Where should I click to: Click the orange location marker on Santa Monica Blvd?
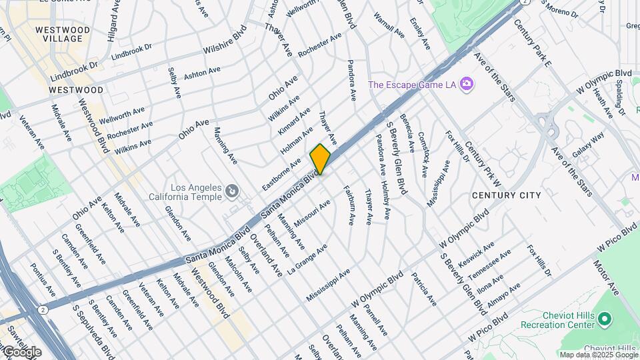(320, 159)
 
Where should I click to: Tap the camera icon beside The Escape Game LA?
(467, 84)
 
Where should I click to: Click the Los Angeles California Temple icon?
(232, 192)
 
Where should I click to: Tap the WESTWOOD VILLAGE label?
(62, 35)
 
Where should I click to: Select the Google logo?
(22, 351)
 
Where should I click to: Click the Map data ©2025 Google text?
(599, 355)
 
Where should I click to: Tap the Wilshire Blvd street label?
(225, 41)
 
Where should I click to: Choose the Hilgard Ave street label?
(115, 19)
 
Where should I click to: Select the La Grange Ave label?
(307, 260)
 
